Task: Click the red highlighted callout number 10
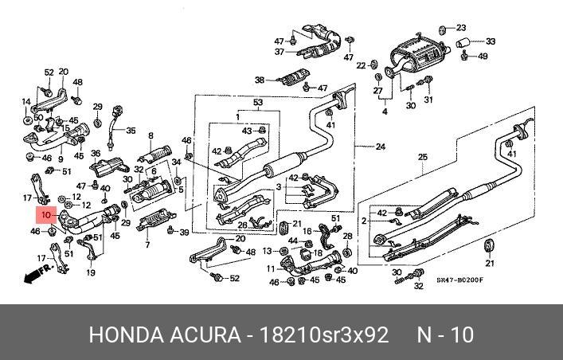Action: tap(45, 215)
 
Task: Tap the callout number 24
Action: tap(380, 146)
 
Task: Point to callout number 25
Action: tap(422, 156)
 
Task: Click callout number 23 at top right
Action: tap(483, 27)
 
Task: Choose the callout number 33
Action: tap(490, 41)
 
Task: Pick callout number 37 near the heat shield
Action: tap(280, 52)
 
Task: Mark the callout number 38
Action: tap(259, 80)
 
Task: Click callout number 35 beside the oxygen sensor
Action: tap(131, 131)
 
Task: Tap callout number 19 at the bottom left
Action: tap(90, 272)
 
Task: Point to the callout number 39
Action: tap(184, 232)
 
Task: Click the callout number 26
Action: tap(244, 225)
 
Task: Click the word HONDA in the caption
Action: tap(123, 335)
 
